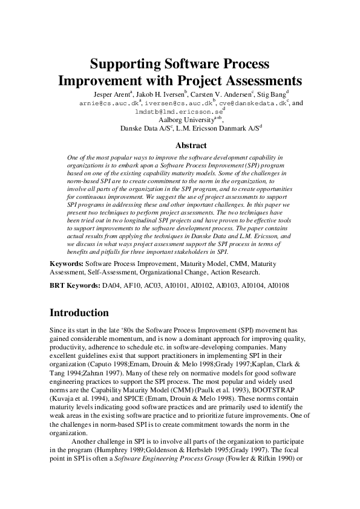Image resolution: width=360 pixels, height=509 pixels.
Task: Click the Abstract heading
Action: pyautogui.click(x=191, y=145)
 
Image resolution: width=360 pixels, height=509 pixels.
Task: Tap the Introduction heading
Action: pyautogui.click(x=79, y=313)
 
